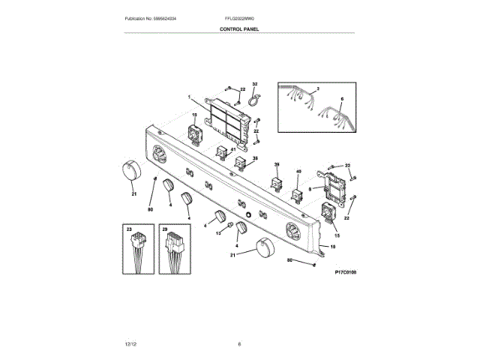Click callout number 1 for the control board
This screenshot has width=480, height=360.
190,97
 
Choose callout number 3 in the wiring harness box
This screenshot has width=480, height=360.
318,89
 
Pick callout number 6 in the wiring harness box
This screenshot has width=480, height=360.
341,99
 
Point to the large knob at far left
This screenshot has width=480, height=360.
129,171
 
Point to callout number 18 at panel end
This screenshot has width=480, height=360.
332,246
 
